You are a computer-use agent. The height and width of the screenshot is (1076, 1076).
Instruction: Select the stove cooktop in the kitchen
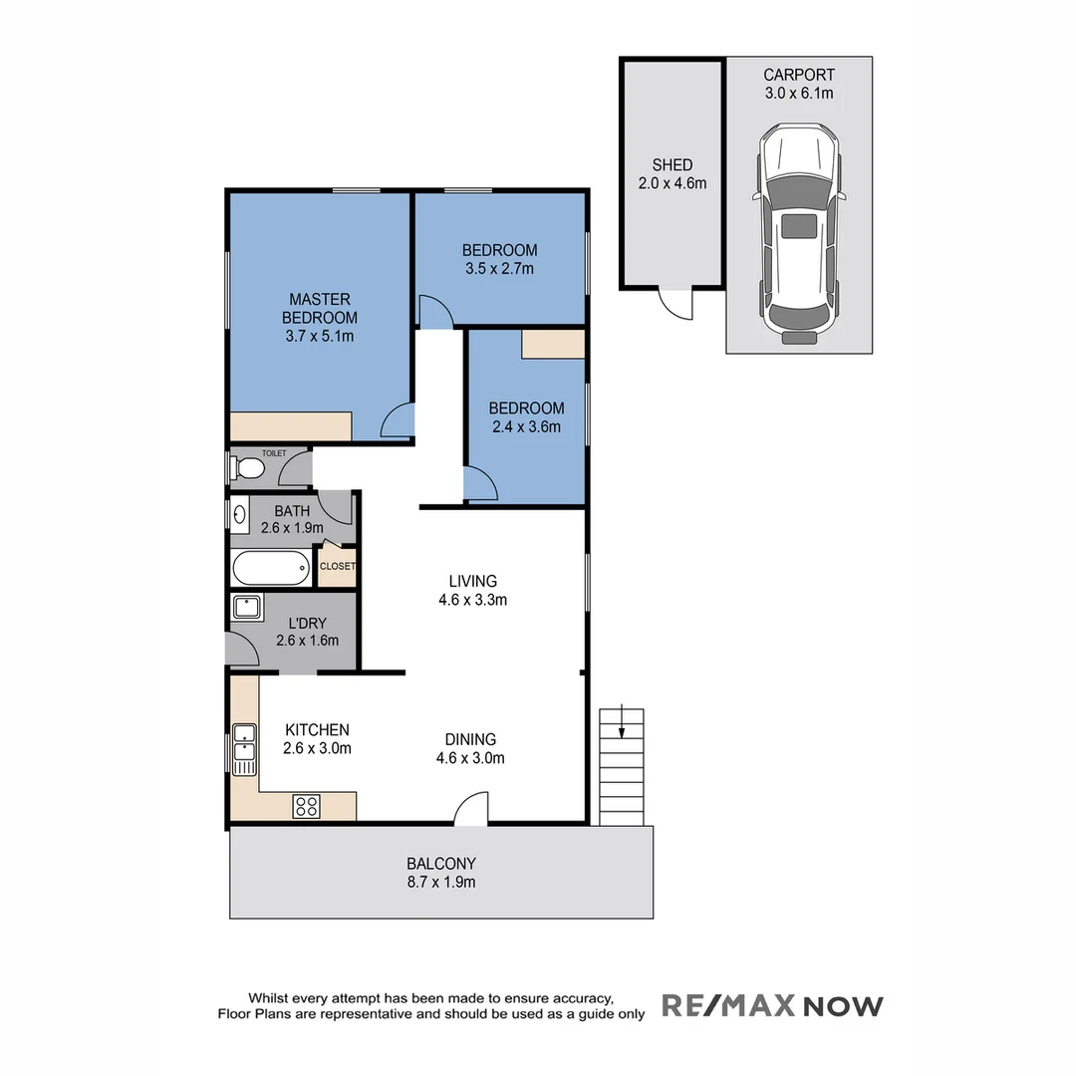click(x=306, y=807)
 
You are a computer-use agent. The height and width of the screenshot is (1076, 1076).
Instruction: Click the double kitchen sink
click(x=243, y=749)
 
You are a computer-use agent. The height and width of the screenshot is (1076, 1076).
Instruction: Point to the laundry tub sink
click(x=246, y=608)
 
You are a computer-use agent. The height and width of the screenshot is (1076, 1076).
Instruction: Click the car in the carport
click(x=798, y=234)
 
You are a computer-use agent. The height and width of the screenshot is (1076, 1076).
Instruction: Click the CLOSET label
click(x=337, y=566)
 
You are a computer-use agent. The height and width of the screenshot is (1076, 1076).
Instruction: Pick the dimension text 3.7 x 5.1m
click(x=319, y=336)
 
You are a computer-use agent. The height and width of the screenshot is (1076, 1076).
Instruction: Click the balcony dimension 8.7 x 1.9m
click(x=441, y=882)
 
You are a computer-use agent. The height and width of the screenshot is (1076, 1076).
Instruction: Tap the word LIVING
click(x=472, y=581)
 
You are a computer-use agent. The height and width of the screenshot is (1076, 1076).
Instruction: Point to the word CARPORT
click(x=799, y=75)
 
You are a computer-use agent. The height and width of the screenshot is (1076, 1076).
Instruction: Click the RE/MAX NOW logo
click(x=772, y=1005)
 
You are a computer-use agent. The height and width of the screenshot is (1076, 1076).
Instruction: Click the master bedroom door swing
click(x=399, y=422)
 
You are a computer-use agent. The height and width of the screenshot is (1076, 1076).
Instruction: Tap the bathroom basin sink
click(x=240, y=515)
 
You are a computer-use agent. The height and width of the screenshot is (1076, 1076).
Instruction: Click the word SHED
click(x=672, y=164)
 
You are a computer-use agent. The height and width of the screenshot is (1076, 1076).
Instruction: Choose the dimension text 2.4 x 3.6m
click(x=526, y=427)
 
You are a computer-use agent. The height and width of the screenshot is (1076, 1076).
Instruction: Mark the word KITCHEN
click(x=317, y=730)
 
